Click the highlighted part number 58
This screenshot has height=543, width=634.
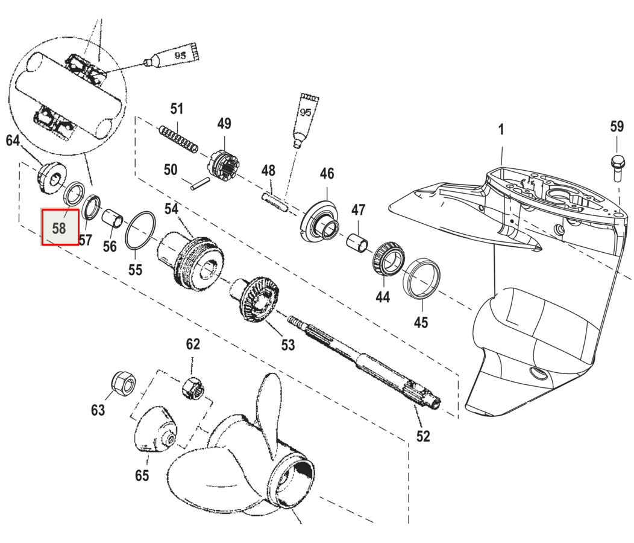[59, 227]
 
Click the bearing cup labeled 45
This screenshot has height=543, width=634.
[421, 277]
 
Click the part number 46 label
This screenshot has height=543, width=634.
[327, 174]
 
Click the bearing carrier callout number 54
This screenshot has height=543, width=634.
[172, 209]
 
